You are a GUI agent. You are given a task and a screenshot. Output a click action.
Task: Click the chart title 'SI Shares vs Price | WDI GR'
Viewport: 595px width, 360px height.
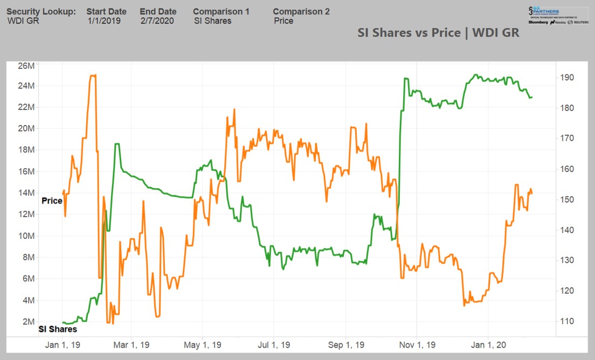[438, 32]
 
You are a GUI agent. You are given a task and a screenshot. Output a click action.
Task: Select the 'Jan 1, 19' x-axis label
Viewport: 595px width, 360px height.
[63, 345]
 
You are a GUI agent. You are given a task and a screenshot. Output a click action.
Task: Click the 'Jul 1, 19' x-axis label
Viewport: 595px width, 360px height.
[273, 345]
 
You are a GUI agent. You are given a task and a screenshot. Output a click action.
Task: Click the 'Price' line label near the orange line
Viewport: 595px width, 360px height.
[52, 200]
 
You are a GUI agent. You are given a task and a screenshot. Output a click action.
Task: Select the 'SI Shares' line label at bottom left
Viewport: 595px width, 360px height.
[57, 329]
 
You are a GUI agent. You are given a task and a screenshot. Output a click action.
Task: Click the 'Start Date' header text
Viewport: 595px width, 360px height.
[106, 11]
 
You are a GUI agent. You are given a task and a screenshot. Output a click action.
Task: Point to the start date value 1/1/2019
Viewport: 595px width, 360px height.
[104, 21]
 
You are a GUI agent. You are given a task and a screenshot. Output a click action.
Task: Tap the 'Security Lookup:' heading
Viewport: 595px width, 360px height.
[41, 11]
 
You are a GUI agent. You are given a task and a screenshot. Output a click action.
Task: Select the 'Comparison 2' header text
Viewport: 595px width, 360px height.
[301, 11]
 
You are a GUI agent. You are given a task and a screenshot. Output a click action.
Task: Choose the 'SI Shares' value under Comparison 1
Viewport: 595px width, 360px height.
[212, 21]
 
